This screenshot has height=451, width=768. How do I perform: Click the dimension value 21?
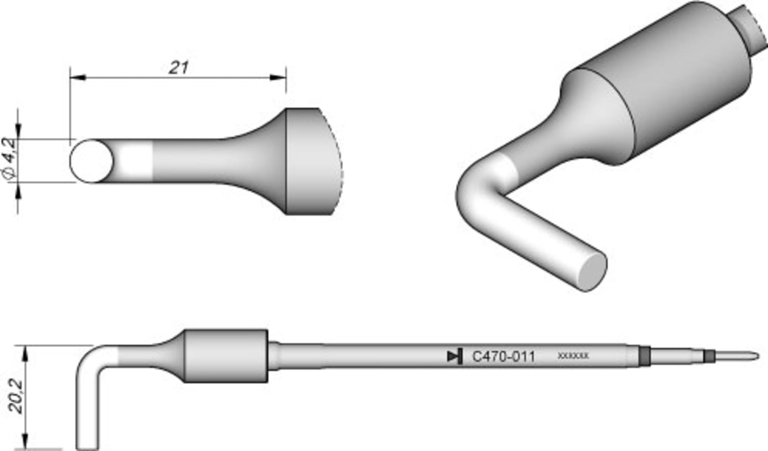[179, 67]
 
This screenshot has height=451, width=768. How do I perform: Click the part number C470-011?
[503, 357]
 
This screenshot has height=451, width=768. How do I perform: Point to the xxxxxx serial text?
[573, 355]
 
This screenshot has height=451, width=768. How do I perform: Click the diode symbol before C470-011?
[455, 356]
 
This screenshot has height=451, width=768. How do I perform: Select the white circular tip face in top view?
[91, 161]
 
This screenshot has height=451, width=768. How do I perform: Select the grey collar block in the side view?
[225, 356]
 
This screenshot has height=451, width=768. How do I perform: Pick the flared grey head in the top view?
[307, 161]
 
